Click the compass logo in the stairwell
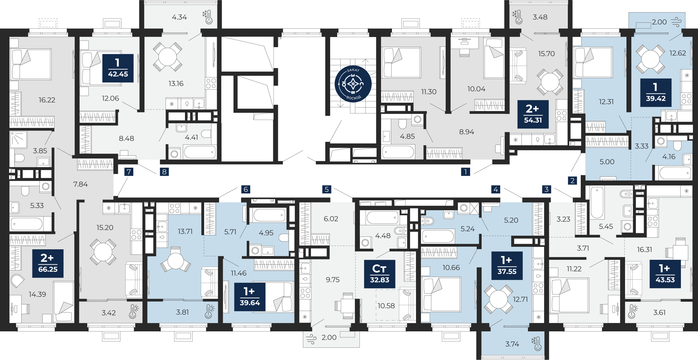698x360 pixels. click(x=353, y=84)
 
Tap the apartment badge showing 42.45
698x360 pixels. click(x=118, y=68)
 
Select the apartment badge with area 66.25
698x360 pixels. click(x=48, y=263)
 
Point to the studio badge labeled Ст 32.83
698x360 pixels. click(x=380, y=274)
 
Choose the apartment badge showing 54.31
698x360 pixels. click(x=533, y=114)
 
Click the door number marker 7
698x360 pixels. click(x=129, y=172)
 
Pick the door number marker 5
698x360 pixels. click(x=327, y=189)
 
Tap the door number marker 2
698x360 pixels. click(x=572, y=181)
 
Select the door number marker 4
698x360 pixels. click(x=496, y=189)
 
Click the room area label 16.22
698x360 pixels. click(x=47, y=100)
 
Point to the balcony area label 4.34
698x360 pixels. click(x=179, y=17)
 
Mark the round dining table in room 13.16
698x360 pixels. click(x=168, y=56)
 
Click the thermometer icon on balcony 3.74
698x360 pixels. click(x=536, y=344)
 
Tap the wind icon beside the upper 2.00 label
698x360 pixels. click(x=676, y=22)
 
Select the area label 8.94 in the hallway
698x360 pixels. click(x=467, y=132)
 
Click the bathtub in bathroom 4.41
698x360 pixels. click(x=200, y=152)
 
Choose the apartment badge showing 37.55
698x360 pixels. click(x=507, y=265)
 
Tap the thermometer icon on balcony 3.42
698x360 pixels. click(x=133, y=311)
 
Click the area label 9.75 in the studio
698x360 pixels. click(x=333, y=279)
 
